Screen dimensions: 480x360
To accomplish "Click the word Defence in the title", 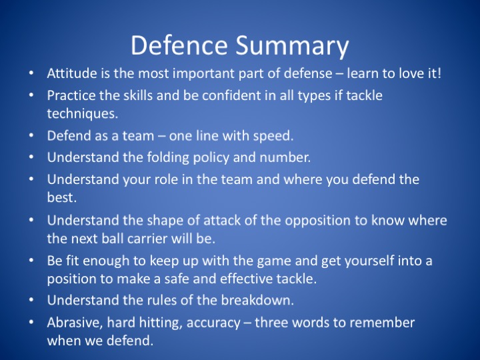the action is (x=179, y=45).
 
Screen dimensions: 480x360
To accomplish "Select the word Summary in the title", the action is (x=292, y=46).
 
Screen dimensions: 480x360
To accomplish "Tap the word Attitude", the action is (x=72, y=73).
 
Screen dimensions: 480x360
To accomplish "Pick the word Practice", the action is (x=71, y=95).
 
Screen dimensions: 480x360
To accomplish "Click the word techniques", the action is (x=83, y=114).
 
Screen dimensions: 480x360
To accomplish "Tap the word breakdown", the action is (x=257, y=300).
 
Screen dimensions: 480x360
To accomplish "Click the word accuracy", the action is (x=213, y=323).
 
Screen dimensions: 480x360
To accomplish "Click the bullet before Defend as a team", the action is (x=31, y=135).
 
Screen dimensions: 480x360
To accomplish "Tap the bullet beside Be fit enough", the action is (x=31, y=260).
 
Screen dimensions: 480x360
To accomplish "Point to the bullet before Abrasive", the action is (x=31, y=322).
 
